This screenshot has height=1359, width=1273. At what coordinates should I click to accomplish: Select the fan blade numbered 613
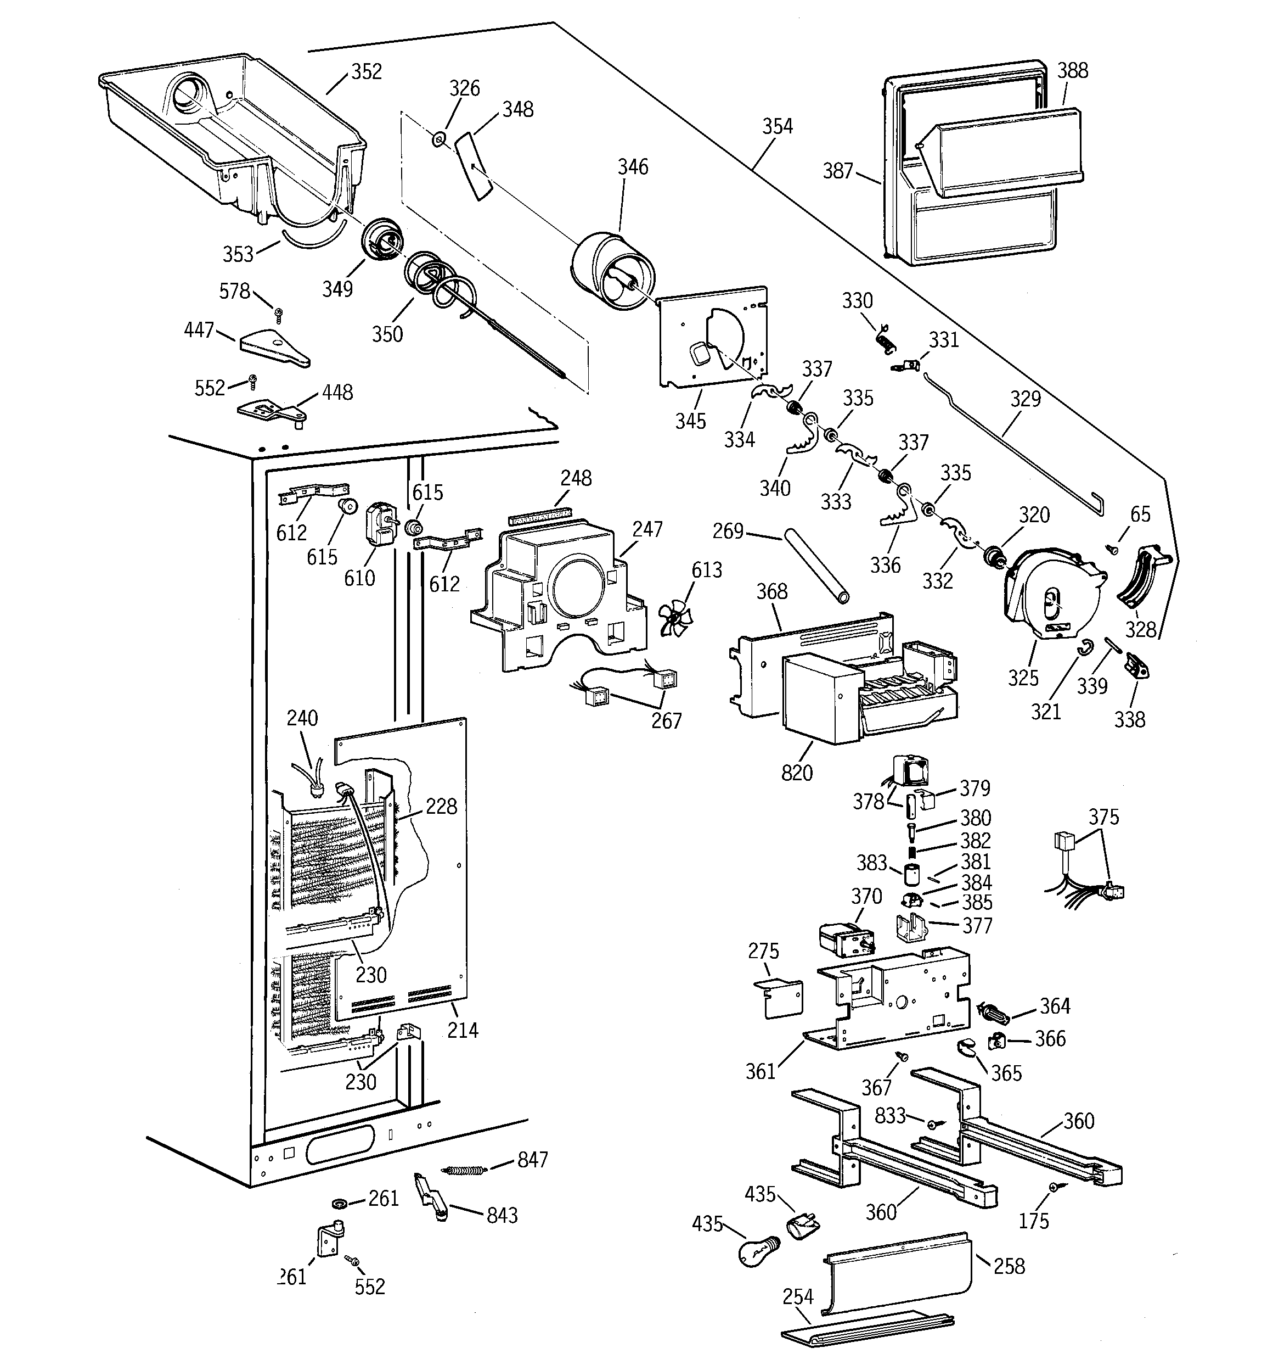674,619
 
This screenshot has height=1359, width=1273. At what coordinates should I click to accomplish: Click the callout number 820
797,773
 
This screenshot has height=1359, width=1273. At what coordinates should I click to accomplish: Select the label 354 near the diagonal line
778,126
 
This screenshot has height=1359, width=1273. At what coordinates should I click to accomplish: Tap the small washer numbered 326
438,140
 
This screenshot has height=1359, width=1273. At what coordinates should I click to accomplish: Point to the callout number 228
441,807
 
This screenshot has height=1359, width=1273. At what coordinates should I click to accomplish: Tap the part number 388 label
1072,70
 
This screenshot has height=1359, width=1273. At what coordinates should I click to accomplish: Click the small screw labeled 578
278,314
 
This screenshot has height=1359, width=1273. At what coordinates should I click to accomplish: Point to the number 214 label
463,1030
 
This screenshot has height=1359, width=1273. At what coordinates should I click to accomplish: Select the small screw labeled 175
1055,1188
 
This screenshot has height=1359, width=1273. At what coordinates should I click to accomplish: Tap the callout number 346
633,167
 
